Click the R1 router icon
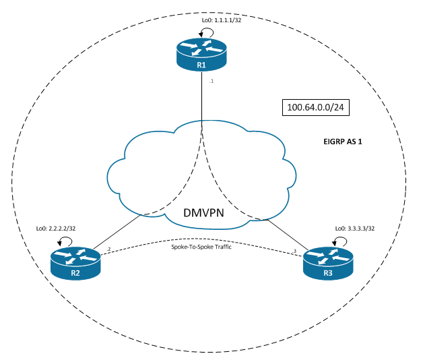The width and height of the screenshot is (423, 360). point(203,55)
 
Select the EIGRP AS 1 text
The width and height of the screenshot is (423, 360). point(344,144)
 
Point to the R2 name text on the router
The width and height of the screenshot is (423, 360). point(75,272)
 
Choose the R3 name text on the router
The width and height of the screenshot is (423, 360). point(328,273)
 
